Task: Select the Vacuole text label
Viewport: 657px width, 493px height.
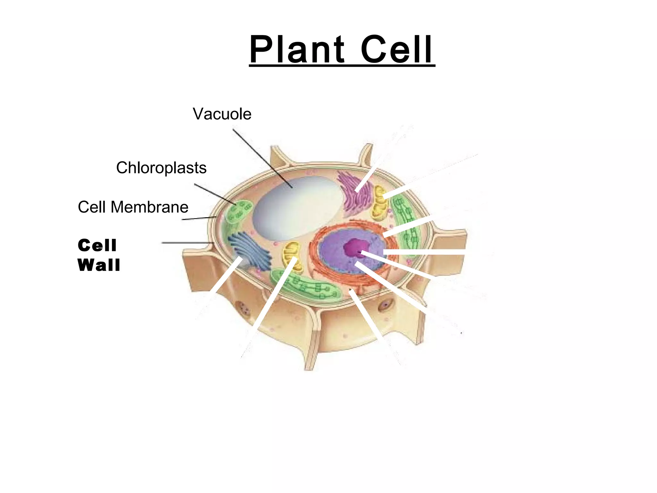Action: pyautogui.click(x=222, y=114)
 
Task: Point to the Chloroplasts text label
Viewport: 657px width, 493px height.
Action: pyautogui.click(x=161, y=168)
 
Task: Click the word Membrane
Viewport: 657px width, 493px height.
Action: pyautogui.click(x=149, y=207)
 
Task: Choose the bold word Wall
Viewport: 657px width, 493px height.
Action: pyautogui.click(x=99, y=265)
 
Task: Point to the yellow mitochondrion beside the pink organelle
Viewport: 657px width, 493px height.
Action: pyautogui.click(x=380, y=202)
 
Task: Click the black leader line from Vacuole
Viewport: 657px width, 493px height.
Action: pyautogui.click(x=262, y=159)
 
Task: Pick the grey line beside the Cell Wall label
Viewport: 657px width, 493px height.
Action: pyautogui.click(x=188, y=243)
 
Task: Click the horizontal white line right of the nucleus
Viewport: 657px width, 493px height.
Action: pyautogui.click(x=424, y=252)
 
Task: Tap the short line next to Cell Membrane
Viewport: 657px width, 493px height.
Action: pyautogui.click(x=199, y=218)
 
